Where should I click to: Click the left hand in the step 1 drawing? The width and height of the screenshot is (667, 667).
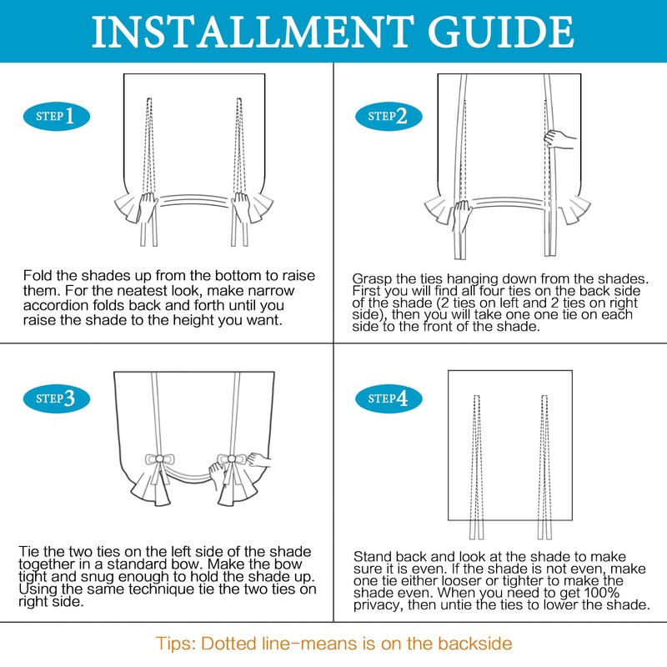[x=149, y=208]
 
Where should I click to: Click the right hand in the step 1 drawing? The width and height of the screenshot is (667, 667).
[x=242, y=208]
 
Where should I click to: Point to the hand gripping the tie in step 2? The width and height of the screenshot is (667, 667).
[x=559, y=138]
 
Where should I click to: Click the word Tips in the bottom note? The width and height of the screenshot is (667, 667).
[x=176, y=643]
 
